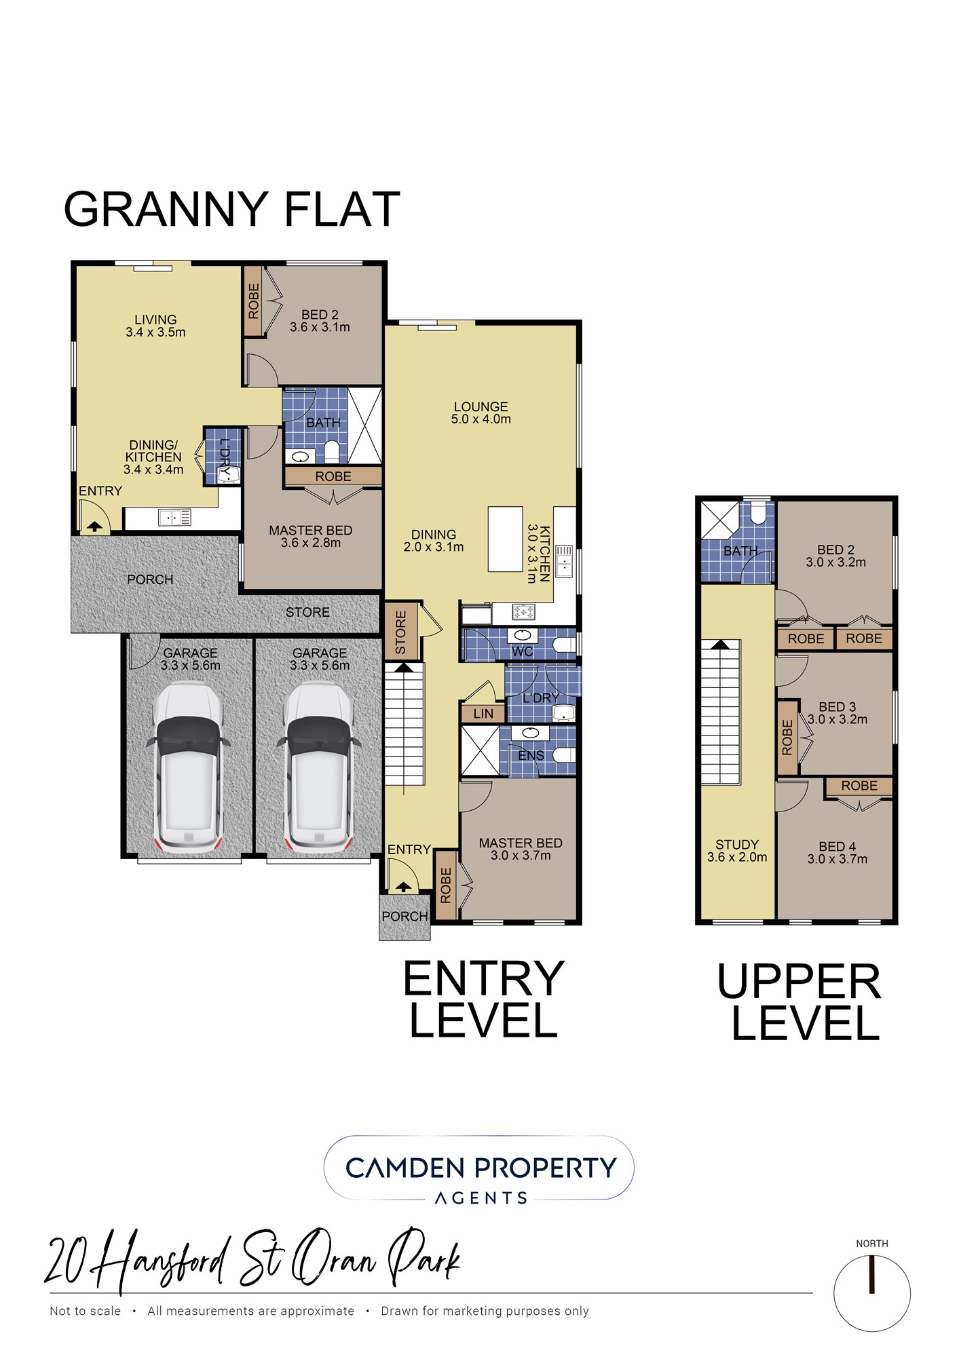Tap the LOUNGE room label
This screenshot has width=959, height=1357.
click(481, 406)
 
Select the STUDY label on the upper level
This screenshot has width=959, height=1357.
click(736, 845)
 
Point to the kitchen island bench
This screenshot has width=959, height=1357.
click(505, 539)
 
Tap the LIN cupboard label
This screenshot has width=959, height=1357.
click(483, 714)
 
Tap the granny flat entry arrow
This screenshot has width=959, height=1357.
click(94, 525)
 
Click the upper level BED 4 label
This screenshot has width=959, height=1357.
click(837, 847)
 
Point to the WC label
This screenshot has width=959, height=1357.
click(522, 652)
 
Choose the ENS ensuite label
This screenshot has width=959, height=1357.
click(531, 756)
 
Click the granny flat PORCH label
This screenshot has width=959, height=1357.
click(150, 579)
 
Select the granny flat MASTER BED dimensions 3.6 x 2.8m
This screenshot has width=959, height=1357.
click(311, 543)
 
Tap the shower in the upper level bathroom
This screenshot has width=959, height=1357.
click(719, 520)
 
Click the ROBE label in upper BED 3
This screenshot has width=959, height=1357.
click(787, 738)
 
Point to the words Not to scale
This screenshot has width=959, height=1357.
click(86, 1311)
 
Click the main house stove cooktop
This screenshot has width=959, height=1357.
click(523, 613)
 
